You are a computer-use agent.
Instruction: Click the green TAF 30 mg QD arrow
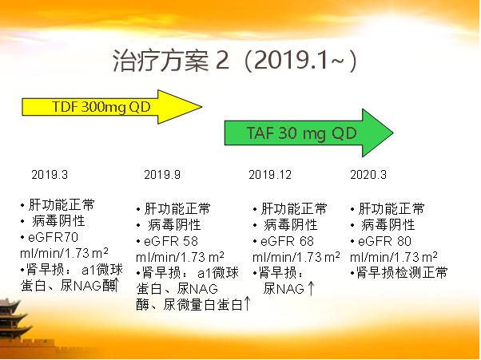point(309,133)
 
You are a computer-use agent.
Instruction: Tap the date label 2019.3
point(50,175)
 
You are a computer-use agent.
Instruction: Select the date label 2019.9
point(162,175)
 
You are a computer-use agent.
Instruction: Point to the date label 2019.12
point(270,175)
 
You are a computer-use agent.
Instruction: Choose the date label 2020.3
point(368,175)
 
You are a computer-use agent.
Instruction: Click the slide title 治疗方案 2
point(171,61)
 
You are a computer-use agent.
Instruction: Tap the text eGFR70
point(53,237)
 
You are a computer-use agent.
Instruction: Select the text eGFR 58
point(171,241)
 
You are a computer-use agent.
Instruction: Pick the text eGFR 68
point(287,241)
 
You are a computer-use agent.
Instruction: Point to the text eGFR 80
point(384,241)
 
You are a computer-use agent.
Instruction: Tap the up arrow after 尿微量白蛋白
point(247,303)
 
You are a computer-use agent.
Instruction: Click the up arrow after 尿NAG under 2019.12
point(311,288)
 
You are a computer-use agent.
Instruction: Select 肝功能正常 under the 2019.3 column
point(62,204)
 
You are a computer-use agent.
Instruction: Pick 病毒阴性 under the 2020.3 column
point(388,225)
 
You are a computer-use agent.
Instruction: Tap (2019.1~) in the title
point(300,61)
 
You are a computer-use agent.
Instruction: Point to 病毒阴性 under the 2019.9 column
point(174,225)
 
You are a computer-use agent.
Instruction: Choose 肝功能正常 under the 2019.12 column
point(294,208)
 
